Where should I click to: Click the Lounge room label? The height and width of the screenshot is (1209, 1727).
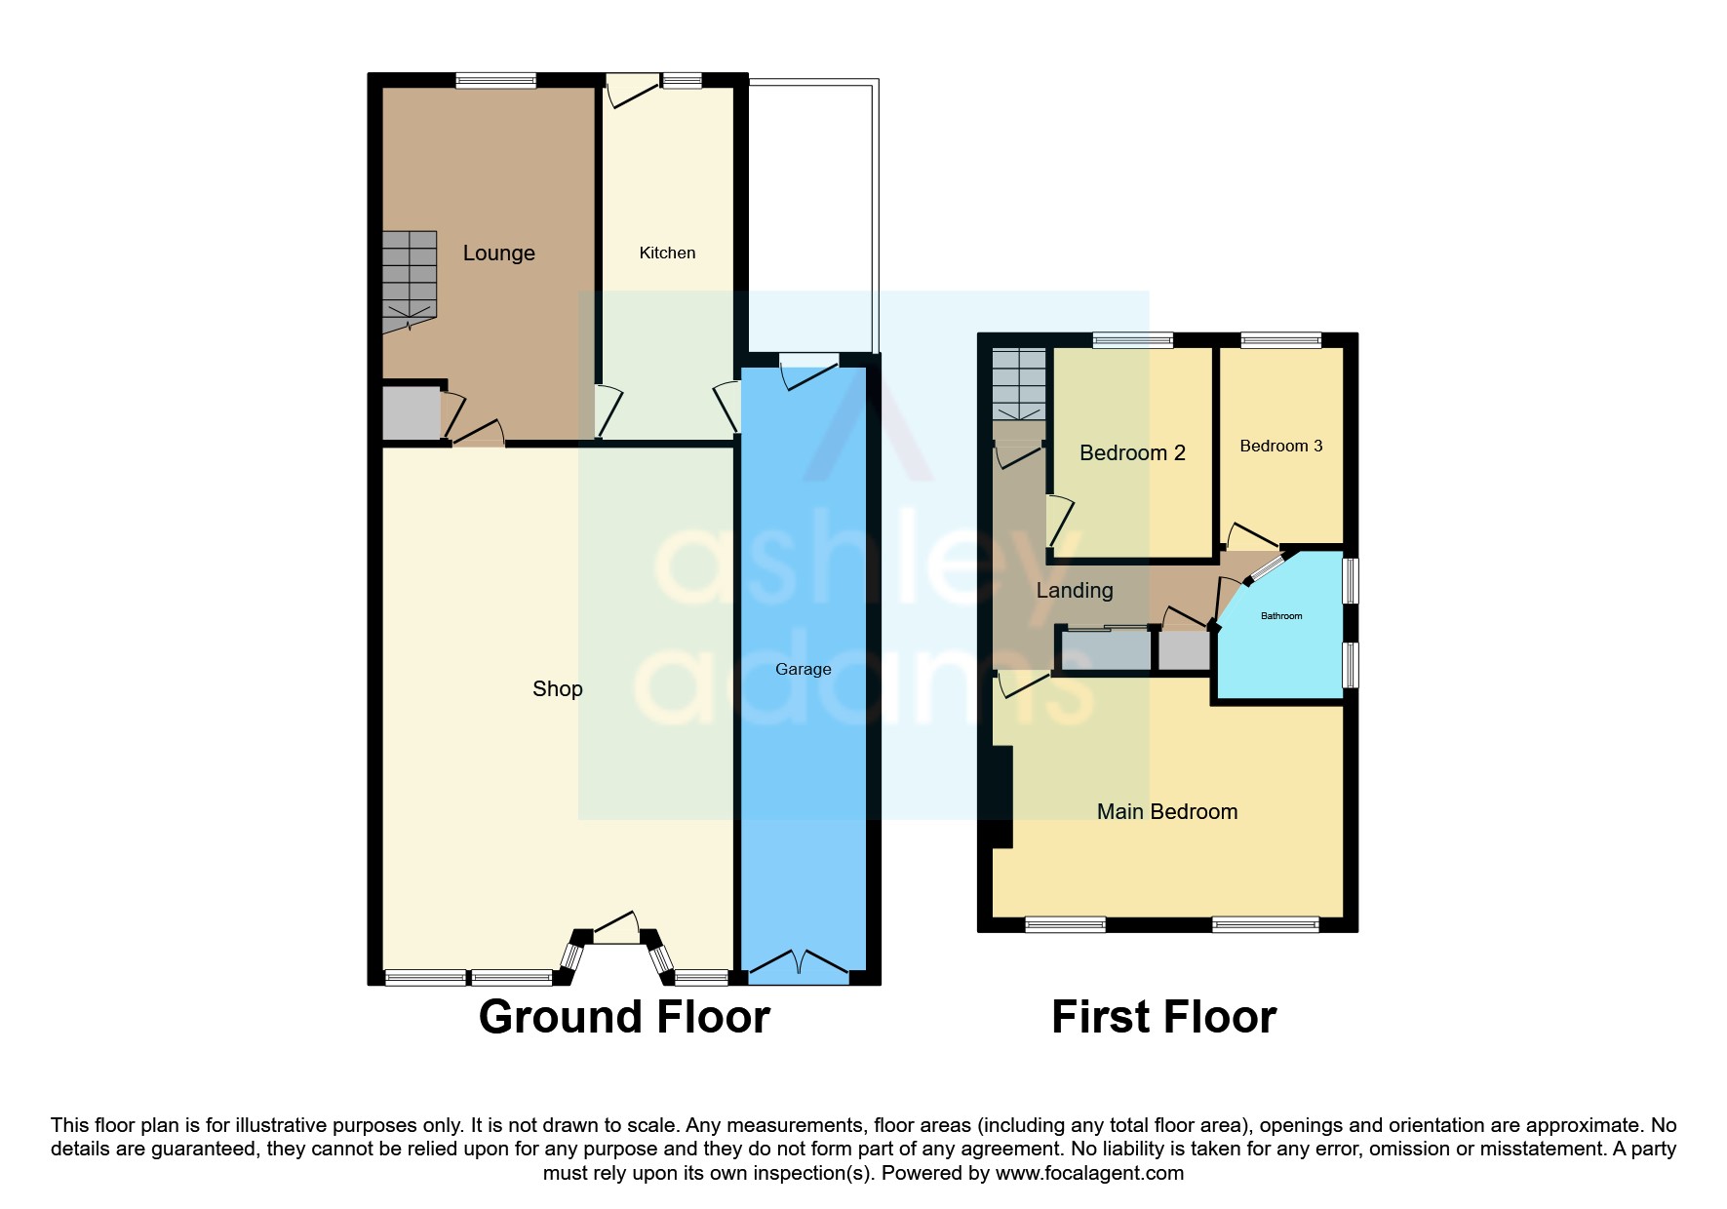point(498,253)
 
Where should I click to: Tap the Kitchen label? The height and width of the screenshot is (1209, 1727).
point(667,253)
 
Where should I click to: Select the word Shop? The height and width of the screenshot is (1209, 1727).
point(557,689)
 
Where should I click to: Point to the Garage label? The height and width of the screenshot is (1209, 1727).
point(803,670)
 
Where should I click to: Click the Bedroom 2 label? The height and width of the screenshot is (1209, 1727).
point(1131,453)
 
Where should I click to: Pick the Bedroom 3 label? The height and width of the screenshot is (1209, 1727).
point(1280,447)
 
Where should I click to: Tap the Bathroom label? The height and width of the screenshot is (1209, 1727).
point(1280,616)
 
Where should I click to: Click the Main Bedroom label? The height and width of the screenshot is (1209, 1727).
point(1166,812)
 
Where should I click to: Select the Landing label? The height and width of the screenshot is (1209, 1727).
point(1074,591)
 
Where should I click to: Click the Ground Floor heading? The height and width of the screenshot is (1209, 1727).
point(624,1018)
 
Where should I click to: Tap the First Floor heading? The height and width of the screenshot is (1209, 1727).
point(1162,1018)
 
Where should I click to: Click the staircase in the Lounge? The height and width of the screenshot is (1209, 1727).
point(409,278)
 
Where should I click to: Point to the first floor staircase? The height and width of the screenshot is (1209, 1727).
point(1018,384)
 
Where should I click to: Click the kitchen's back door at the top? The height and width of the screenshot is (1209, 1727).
point(632,92)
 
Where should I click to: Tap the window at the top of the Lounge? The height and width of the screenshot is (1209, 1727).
point(495,81)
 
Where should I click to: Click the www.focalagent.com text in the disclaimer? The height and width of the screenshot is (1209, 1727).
point(1088,1174)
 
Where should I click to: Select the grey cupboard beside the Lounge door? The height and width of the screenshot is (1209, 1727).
point(411,414)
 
